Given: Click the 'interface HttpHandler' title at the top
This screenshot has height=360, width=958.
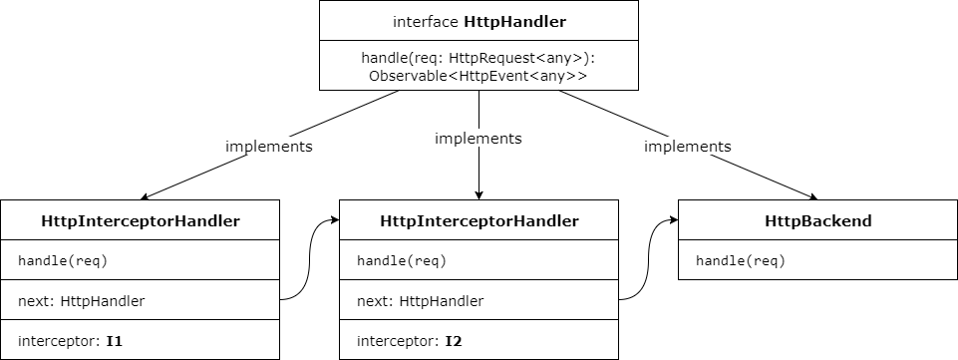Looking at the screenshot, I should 479,21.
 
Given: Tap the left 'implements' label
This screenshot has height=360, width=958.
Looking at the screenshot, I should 269,146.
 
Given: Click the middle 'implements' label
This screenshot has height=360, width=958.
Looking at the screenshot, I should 479,139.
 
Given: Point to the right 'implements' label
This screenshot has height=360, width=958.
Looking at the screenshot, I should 688,146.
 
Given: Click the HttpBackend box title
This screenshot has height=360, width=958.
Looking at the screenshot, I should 816,220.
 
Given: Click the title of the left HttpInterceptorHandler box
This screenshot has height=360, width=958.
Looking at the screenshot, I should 141,220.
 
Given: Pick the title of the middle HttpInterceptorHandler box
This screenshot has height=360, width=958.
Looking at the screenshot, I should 479,220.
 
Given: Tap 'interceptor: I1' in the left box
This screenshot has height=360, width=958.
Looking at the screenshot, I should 70,341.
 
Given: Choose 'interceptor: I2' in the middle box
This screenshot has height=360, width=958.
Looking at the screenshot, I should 409,341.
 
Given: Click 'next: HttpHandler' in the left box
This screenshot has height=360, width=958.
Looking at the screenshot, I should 82,301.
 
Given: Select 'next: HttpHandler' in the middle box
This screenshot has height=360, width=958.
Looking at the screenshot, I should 421,301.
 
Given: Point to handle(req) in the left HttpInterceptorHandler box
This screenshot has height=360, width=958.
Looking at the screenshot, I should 63,261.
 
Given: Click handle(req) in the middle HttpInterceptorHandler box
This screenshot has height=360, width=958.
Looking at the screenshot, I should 402,261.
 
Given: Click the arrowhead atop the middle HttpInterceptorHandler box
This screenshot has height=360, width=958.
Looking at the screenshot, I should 479,193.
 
